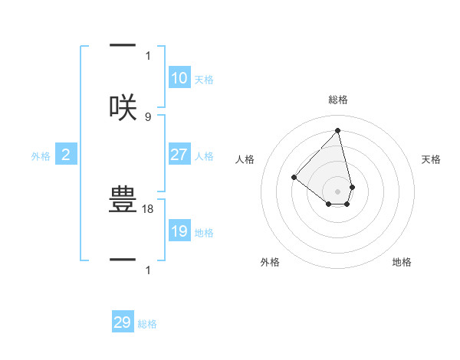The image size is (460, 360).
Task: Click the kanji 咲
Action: click(123, 107)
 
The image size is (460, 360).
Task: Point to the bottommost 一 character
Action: click(123, 260)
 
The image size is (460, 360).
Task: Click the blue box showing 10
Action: click(179, 78)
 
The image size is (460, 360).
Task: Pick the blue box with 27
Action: click(179, 155)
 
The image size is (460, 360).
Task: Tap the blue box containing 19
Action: click(179, 231)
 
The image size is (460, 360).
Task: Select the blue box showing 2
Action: click(66, 155)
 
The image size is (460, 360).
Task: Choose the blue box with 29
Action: click(123, 322)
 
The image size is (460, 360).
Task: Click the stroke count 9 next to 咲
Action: click(148, 116)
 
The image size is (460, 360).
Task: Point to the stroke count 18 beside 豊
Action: click(149, 208)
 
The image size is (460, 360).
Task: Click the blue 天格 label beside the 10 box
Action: click(204, 80)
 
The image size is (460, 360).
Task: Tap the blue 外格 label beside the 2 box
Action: click(41, 156)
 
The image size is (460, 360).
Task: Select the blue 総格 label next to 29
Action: click(147, 324)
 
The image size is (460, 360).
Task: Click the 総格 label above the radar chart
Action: click(338, 100)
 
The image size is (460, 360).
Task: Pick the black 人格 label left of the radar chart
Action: click(245, 159)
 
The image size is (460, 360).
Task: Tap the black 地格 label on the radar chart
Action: click(402, 262)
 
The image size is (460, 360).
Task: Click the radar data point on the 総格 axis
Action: click(337, 131)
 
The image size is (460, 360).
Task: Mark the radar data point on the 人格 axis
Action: click(294, 177)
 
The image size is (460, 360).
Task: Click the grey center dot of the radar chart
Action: click(337, 191)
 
